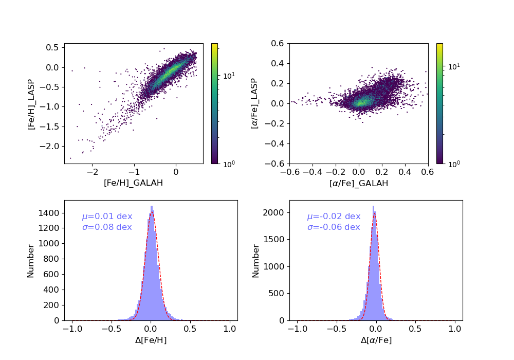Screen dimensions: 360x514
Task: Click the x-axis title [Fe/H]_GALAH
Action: click(134, 183)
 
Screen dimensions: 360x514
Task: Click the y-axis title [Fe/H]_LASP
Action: click(31, 104)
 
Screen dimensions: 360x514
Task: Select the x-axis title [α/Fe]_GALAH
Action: click(359, 183)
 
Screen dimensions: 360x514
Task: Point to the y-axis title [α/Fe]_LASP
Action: click(255, 104)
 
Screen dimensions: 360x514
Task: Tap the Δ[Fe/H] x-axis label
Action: click(151, 340)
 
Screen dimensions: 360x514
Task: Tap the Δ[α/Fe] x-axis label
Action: click(376, 340)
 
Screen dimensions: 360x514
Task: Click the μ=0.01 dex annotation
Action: click(107, 217)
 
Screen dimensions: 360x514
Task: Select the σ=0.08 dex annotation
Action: click(107, 227)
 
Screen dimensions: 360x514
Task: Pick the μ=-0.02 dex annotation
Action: click(334, 217)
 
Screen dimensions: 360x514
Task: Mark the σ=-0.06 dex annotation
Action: click(334, 227)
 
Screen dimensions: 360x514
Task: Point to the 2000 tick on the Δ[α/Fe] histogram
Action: click(275, 213)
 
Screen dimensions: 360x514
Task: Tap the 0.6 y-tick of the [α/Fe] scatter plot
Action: click(281, 44)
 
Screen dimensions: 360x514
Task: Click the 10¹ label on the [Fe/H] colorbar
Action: click(230, 76)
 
